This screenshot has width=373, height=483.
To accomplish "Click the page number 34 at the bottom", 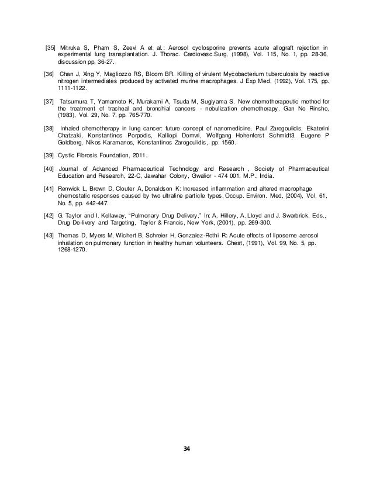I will point(186,449).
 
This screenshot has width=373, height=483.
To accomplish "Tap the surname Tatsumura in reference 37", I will point(75,101).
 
